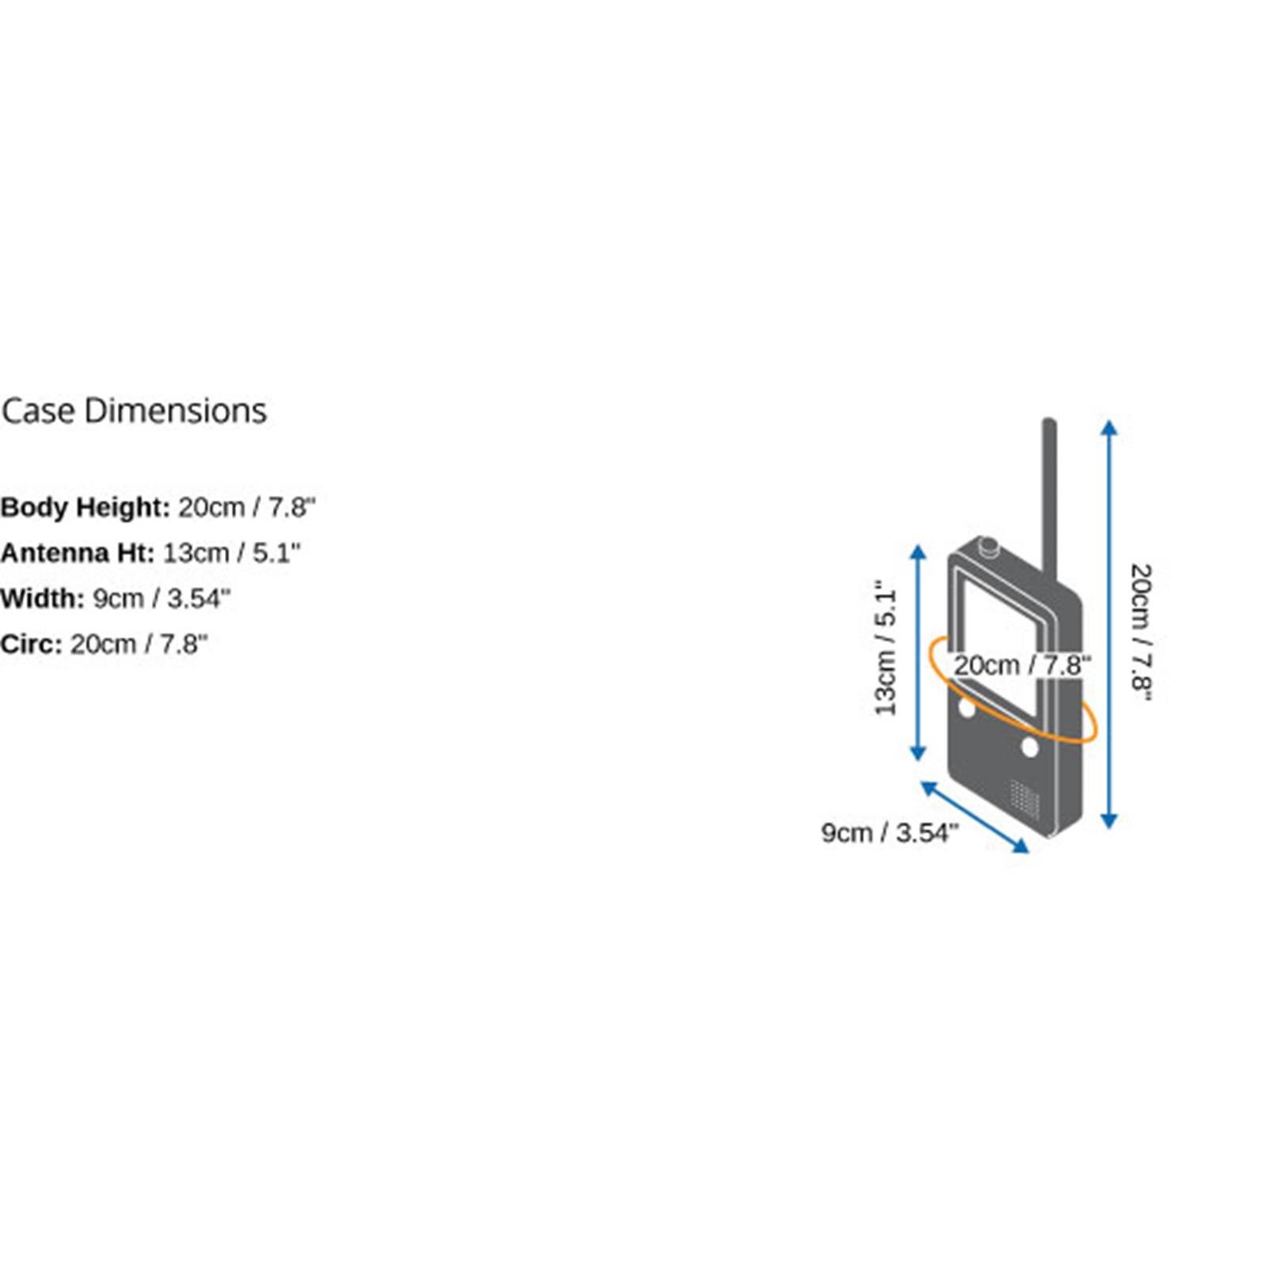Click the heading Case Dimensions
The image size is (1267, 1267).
tap(134, 411)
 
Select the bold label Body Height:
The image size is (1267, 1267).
tap(85, 508)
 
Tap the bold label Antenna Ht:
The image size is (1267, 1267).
tap(77, 553)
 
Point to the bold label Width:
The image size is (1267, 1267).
tap(42, 599)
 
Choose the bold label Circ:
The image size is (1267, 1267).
tap(31, 645)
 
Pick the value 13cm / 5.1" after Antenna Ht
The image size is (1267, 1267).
tap(232, 553)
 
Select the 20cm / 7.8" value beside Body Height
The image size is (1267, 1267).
tap(246, 508)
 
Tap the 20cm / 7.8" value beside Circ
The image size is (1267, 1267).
tap(139, 645)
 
